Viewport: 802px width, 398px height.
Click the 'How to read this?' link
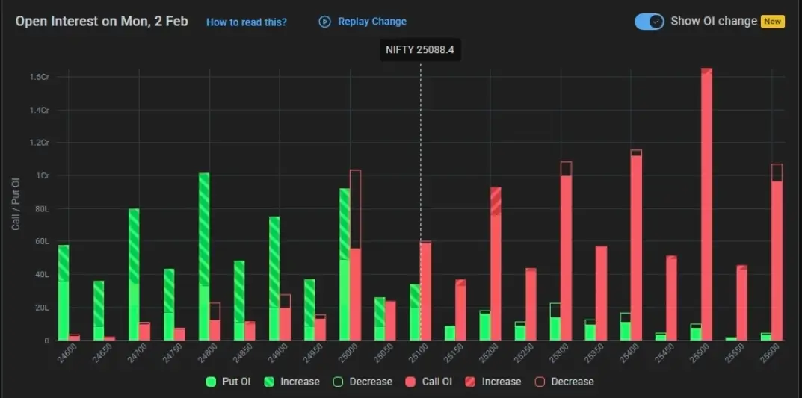point(246,22)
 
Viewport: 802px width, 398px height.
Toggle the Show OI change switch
point(649,22)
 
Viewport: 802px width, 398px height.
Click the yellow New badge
point(772,22)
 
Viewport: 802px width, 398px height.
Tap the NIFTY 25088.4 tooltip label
point(420,50)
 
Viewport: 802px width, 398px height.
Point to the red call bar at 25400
point(636,246)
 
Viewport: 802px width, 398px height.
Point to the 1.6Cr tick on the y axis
point(39,77)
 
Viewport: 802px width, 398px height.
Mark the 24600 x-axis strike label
point(66,354)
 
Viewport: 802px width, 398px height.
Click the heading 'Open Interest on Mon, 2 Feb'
point(102,21)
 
